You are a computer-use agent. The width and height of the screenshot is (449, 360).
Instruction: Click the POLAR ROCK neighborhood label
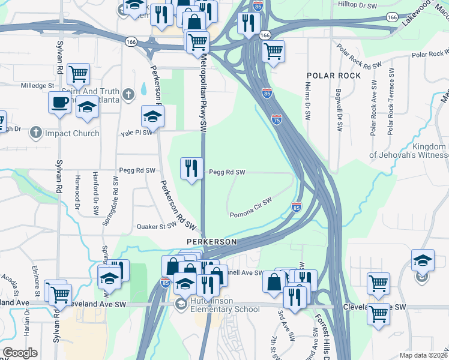334,76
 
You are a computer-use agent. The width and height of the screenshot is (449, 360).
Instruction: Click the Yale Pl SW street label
136,133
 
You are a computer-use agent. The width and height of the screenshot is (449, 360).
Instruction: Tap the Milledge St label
38,86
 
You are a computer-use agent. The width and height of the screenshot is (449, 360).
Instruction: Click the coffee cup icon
59,102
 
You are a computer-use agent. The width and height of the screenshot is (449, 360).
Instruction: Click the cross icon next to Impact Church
36,133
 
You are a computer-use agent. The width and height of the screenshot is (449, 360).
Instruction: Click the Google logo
20,353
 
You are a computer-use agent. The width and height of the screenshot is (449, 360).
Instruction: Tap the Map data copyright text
423,355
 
